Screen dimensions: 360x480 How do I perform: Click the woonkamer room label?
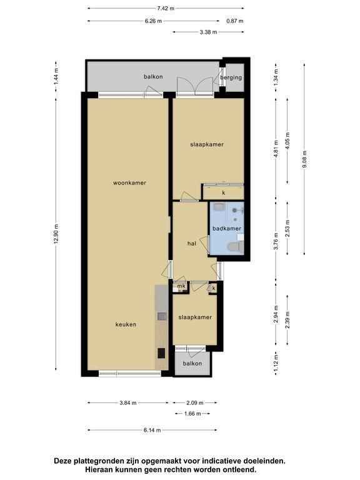(129, 182)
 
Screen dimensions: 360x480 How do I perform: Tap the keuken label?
(126, 324)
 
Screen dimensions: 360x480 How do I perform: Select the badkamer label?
(227, 228)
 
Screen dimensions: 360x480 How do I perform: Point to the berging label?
(231, 77)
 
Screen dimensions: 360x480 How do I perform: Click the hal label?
(192, 244)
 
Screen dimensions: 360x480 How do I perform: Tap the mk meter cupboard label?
(181, 286)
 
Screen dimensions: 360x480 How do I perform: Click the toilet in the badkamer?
(235, 247)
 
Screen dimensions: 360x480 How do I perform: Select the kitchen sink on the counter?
(162, 316)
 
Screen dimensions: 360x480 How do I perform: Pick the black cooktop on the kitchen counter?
(162, 353)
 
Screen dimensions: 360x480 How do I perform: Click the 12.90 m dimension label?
(56, 234)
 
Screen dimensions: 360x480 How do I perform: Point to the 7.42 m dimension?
(166, 8)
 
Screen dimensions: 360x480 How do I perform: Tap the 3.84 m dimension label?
(128, 403)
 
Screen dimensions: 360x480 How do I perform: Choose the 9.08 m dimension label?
(304, 159)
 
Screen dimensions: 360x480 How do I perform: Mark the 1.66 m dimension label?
(192, 414)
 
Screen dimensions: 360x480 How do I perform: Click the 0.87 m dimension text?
(235, 21)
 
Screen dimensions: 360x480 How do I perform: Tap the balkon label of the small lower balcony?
(192, 363)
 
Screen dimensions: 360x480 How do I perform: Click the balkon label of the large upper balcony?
(153, 76)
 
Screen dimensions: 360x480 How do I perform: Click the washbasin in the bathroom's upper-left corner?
(219, 207)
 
